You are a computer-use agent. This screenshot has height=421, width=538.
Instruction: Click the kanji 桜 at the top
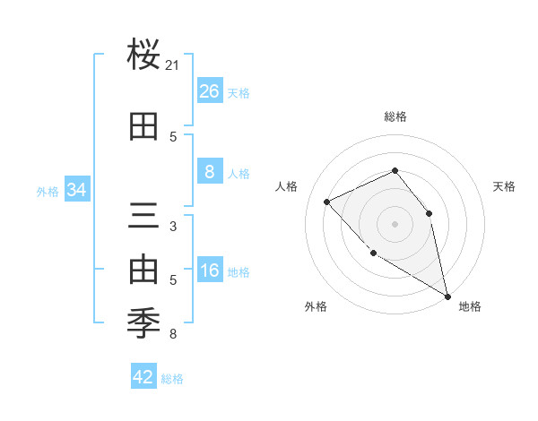click(144, 56)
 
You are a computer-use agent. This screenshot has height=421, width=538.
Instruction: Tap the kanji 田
click(144, 127)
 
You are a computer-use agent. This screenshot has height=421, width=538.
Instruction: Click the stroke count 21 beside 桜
click(173, 65)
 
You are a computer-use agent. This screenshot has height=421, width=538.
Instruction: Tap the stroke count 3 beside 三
click(173, 226)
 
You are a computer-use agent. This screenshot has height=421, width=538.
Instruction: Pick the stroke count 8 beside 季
click(173, 334)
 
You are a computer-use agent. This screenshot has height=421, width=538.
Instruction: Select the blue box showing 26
click(209, 91)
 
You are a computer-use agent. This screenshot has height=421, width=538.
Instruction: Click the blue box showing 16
click(209, 271)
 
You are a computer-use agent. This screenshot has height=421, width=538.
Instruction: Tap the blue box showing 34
click(77, 190)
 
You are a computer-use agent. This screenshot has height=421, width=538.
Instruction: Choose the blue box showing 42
click(143, 377)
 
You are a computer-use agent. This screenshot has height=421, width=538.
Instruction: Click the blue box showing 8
click(209, 172)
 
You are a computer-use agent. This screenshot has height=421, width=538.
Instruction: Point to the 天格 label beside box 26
click(239, 92)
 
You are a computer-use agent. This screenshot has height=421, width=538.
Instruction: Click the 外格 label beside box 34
click(48, 191)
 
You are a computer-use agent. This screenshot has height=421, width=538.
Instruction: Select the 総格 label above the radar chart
click(395, 116)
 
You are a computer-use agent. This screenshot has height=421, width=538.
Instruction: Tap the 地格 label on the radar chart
click(470, 306)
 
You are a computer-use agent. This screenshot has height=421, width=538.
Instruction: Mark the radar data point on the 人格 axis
click(327, 202)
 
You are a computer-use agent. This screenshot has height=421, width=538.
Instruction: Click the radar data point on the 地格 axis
click(447, 296)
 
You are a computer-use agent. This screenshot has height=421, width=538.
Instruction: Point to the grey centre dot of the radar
click(395, 223)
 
